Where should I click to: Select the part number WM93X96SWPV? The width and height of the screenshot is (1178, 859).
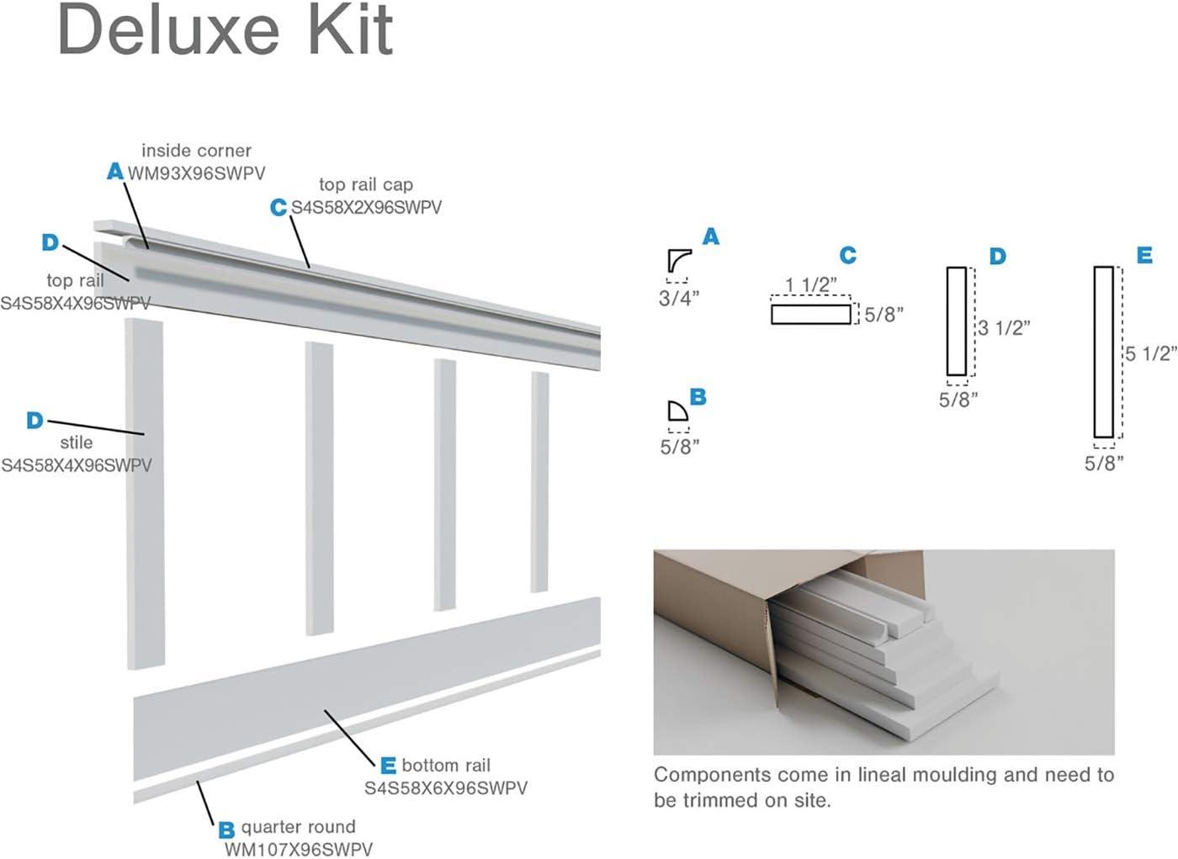[x=197, y=173]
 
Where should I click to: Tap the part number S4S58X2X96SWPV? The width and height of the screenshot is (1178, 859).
[x=367, y=208]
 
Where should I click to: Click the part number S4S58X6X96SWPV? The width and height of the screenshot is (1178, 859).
[x=446, y=788]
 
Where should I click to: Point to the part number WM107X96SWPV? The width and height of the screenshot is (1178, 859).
[x=298, y=850]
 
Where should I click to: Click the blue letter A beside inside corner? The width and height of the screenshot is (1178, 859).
[x=115, y=172]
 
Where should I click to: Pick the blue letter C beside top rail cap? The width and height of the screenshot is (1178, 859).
[x=279, y=207]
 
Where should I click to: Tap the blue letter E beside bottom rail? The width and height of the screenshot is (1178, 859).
[x=388, y=766]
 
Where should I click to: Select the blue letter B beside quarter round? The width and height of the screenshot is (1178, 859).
[x=226, y=830]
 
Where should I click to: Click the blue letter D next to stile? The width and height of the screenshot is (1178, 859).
[x=34, y=420]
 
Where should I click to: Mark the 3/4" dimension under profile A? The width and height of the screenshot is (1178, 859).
[x=679, y=299]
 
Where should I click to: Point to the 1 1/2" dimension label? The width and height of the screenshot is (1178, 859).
[x=810, y=285]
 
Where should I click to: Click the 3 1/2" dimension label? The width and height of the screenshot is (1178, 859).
[x=1004, y=328]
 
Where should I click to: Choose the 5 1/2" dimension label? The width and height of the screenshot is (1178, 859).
[x=1151, y=354]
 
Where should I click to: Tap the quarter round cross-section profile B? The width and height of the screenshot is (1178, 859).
[x=677, y=411]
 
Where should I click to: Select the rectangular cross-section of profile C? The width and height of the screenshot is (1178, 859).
[x=811, y=315]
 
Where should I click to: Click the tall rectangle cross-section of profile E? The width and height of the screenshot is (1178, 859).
[x=1104, y=352]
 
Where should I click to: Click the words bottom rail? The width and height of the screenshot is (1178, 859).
[x=446, y=766]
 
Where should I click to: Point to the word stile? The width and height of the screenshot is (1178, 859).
[x=77, y=443]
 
